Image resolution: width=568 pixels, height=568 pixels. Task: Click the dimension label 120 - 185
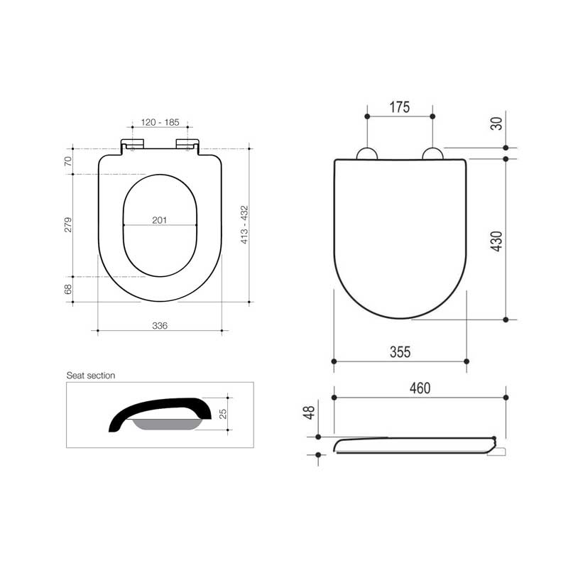[159, 123]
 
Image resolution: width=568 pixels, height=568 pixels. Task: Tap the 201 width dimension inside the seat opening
[160, 220]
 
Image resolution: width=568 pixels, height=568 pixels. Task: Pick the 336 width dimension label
[160, 325]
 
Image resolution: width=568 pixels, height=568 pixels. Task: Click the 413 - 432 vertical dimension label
[244, 225]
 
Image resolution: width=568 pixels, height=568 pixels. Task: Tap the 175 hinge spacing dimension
[400, 108]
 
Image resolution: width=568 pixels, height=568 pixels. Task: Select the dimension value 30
[497, 122]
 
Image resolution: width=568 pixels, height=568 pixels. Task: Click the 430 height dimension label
[497, 240]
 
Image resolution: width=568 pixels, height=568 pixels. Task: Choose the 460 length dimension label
[419, 388]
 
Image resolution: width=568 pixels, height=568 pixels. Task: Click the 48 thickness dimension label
[308, 413]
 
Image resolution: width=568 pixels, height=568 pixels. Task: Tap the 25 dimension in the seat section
[222, 413]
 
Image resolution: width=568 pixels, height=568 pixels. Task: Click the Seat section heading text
[91, 375]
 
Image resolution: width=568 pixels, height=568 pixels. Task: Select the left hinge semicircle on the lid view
[366, 154]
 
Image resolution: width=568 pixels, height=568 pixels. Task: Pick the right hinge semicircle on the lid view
[432, 154]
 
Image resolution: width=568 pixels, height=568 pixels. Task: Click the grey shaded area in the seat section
[165, 425]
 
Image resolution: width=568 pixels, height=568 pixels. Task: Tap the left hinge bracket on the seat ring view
[133, 145]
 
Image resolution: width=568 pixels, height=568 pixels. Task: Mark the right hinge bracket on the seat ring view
[187, 145]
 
